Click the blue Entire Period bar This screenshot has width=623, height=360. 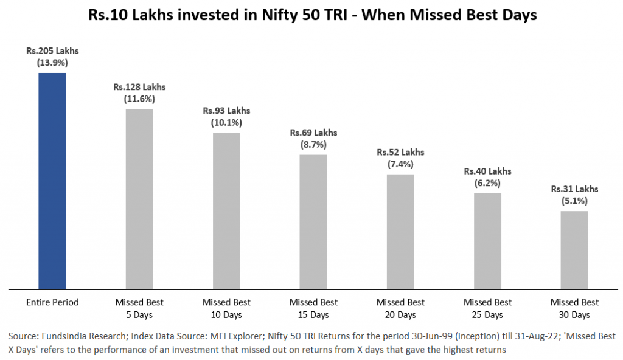[x=52, y=181]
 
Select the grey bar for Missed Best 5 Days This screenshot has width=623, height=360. [x=139, y=199]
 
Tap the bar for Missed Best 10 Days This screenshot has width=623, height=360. [x=226, y=210]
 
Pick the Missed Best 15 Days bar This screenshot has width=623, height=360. [x=313, y=221]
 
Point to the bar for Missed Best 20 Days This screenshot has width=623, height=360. [x=400, y=231]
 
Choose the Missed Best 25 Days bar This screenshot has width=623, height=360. [x=487, y=241]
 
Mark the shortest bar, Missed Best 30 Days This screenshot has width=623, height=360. [x=574, y=249]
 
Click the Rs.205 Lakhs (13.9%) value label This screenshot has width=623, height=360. [x=52, y=57]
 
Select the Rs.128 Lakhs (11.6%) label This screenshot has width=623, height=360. [x=139, y=92]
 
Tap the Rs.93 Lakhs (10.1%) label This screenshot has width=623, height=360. [x=226, y=116]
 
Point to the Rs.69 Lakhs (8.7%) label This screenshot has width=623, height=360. [x=313, y=139]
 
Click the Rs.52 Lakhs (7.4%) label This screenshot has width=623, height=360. [x=400, y=158]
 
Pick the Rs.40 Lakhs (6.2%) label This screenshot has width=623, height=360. [x=487, y=177]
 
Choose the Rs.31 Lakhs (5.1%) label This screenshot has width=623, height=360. [x=574, y=195]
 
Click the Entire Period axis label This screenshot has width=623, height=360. [x=52, y=302]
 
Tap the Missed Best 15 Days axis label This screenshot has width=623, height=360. [x=313, y=308]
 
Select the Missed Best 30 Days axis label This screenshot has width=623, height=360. [x=574, y=308]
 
